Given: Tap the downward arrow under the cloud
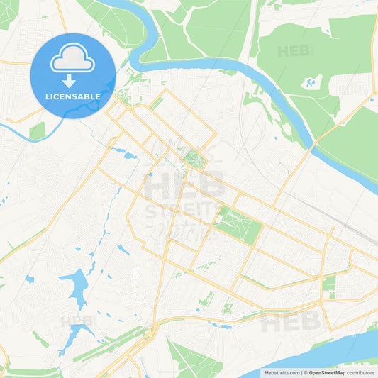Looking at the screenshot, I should (x=73, y=81).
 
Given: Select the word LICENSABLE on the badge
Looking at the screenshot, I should (x=73, y=95).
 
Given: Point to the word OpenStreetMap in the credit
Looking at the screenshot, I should (x=327, y=372).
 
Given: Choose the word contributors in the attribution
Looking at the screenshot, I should (x=361, y=372).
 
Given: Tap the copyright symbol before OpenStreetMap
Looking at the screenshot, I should (x=306, y=372).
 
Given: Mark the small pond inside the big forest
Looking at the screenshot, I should (x=311, y=83).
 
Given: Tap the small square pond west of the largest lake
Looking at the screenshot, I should (x=29, y=279).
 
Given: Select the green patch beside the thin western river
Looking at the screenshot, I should (x=37, y=130).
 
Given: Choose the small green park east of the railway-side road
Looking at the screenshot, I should (x=328, y=284).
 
